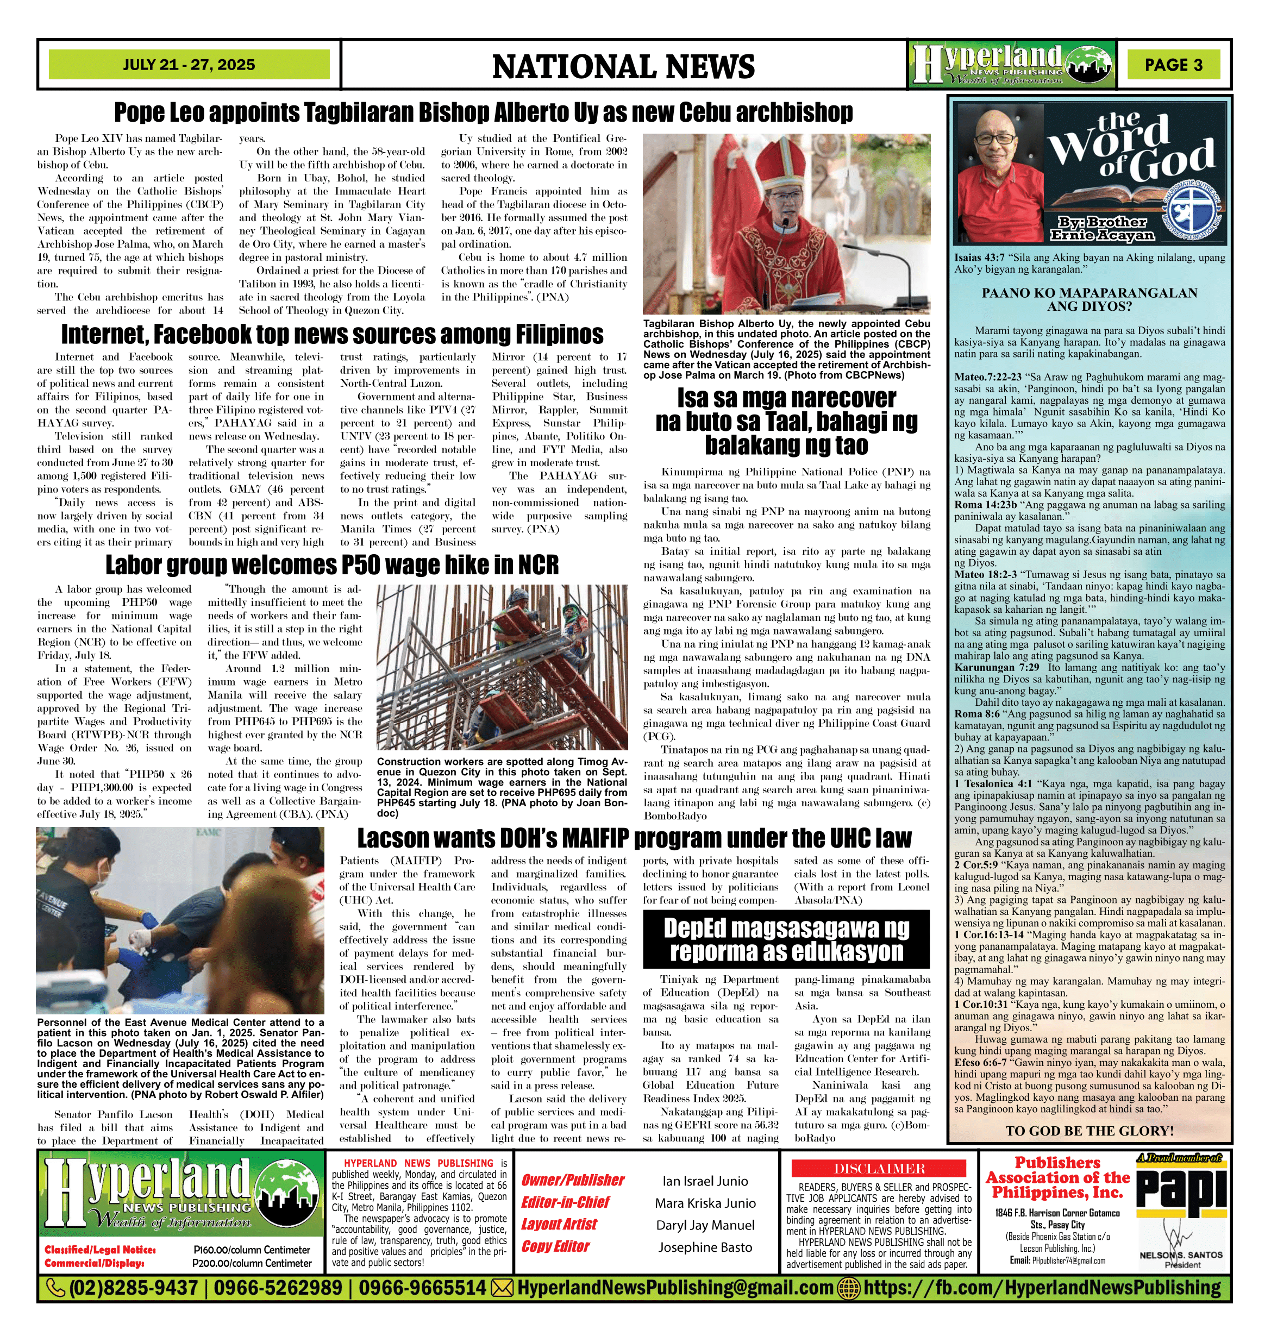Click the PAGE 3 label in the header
[x=1173, y=65]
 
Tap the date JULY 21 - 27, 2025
[x=189, y=65]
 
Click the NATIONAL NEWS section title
[x=623, y=66]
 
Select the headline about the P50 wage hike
[x=332, y=564]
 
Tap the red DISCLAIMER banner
[x=879, y=1168]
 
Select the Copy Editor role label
[x=555, y=1246]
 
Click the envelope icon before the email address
[x=502, y=1287]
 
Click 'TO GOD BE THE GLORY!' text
[x=1090, y=1131]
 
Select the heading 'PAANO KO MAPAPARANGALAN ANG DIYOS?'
[x=1090, y=299]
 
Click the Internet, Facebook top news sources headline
[x=332, y=335]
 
